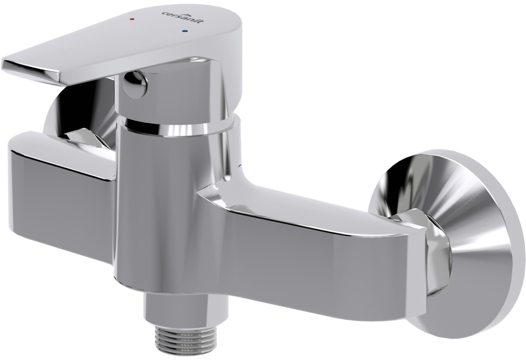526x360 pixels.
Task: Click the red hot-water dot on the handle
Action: (x=133, y=19)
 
